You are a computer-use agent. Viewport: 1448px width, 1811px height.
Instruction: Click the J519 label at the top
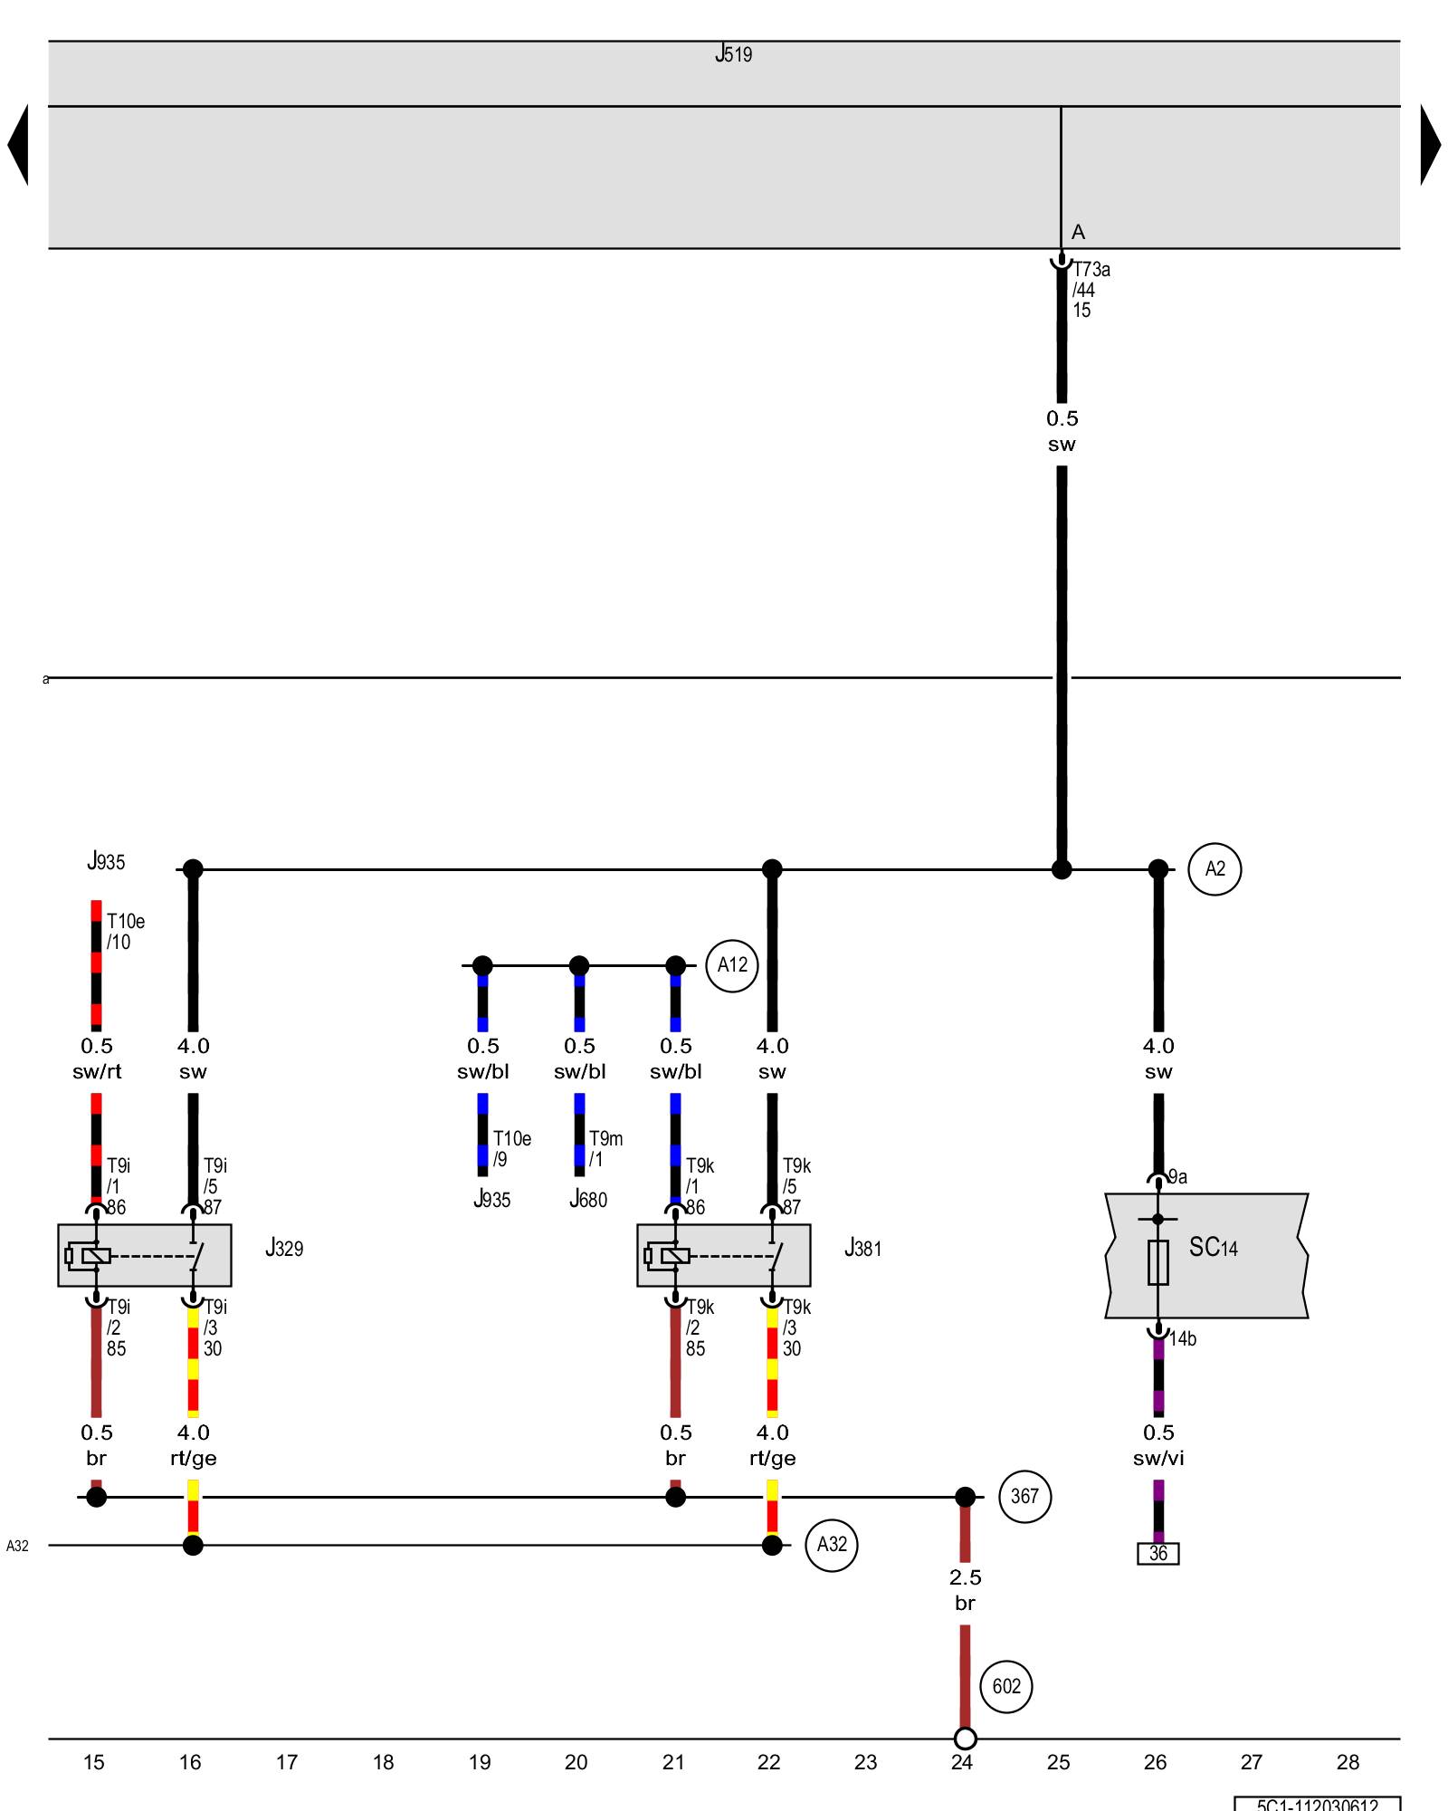(733, 54)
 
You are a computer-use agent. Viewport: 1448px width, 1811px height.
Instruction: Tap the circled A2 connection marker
(1215, 869)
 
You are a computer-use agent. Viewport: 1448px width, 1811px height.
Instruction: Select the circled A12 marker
(732, 965)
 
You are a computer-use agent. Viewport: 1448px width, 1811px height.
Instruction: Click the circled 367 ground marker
(1024, 1497)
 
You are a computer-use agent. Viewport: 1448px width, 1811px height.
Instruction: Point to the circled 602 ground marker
(1006, 1686)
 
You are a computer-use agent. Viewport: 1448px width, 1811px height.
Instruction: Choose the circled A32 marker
(832, 1545)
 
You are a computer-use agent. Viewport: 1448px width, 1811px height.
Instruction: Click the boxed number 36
(1158, 1554)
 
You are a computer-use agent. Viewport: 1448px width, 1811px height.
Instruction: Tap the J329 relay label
(284, 1249)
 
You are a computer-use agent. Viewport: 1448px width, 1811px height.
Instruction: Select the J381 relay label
(862, 1249)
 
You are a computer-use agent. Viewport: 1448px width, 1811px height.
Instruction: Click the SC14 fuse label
(1213, 1248)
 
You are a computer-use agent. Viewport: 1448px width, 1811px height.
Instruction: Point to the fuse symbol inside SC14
(1158, 1261)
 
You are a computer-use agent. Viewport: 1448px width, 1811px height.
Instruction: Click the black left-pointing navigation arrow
(18, 145)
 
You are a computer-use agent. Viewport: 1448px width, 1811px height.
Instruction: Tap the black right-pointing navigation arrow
(1430, 145)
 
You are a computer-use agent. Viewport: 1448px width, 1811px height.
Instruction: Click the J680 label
(588, 1200)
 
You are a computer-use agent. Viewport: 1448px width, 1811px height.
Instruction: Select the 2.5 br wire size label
(965, 1590)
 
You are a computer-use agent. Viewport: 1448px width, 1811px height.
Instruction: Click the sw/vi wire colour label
(1158, 1458)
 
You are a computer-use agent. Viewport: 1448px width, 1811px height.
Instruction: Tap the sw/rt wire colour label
(97, 1072)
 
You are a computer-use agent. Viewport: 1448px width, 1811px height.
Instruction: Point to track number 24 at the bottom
(962, 1762)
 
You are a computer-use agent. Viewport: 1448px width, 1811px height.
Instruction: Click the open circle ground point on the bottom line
(966, 1739)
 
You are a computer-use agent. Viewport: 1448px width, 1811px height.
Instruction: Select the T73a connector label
(1091, 270)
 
